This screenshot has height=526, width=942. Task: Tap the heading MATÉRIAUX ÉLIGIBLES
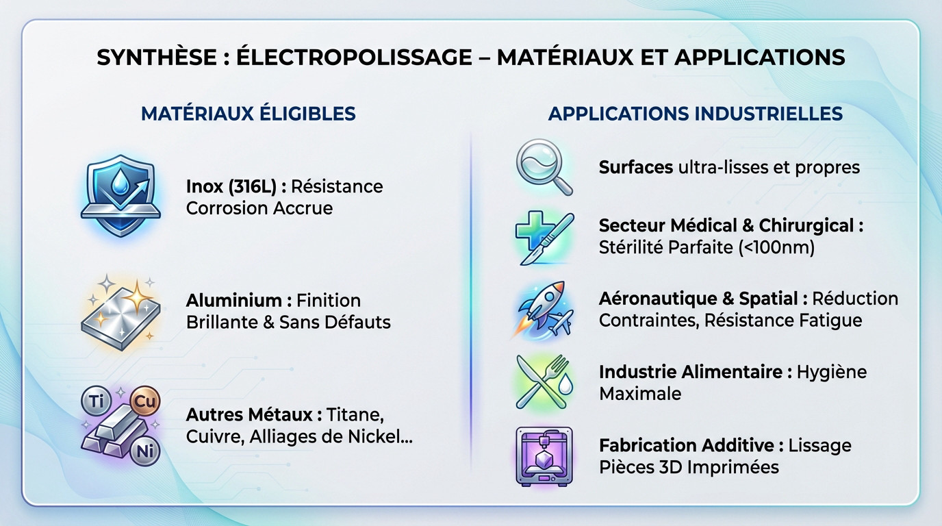248,113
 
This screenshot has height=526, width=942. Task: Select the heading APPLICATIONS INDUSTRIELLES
695,113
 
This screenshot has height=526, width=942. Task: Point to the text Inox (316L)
231,186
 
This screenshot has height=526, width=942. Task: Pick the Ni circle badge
144,450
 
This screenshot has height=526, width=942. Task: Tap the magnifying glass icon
544,166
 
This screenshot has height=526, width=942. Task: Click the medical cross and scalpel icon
542,237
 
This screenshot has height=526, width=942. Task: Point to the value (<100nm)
776,247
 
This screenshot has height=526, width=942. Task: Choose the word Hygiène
832,372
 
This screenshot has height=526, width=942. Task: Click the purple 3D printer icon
544,456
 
